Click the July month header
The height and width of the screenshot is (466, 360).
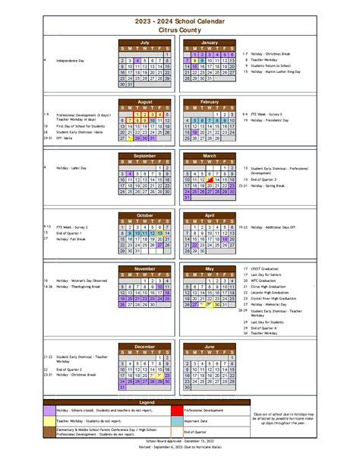[145, 43]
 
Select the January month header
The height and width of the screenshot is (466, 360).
[210, 43]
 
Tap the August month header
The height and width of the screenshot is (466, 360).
[145, 101]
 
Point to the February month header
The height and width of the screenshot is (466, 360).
[210, 101]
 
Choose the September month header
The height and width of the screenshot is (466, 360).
[145, 155]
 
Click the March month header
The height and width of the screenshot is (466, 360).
[210, 155]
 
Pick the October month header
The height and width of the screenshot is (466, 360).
[145, 215]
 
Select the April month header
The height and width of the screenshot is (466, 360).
[210, 215]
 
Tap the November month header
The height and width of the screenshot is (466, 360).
[145, 268]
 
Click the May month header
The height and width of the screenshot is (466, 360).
[210, 268]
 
